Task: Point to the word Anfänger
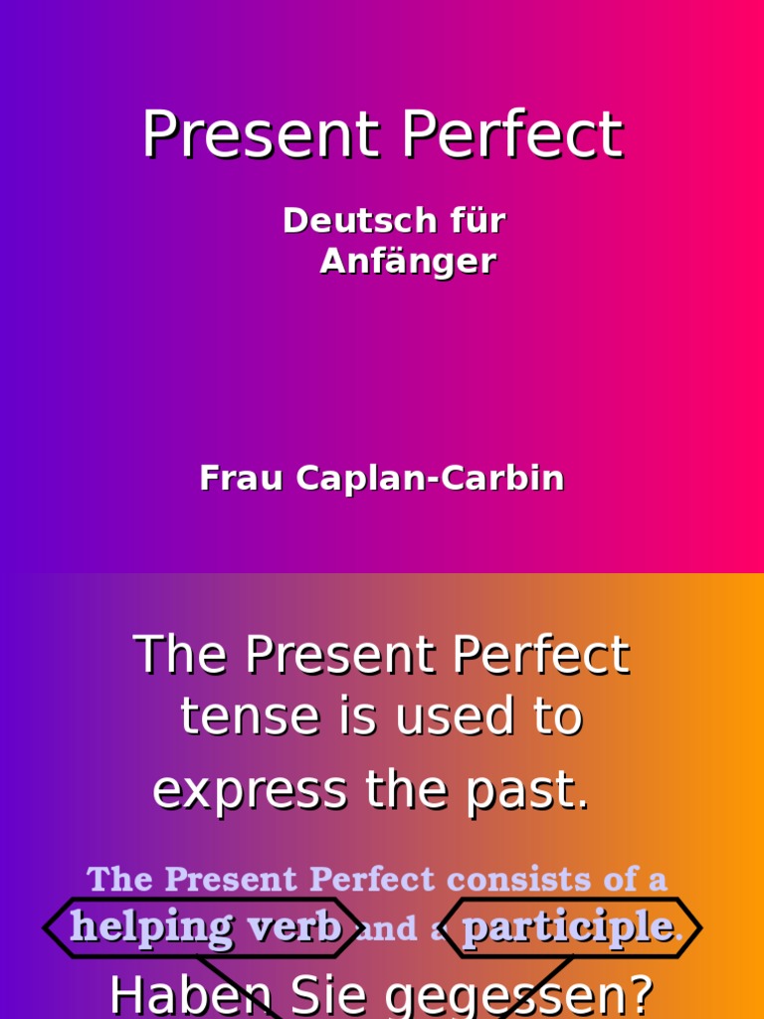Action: point(408,262)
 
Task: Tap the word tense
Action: point(236,716)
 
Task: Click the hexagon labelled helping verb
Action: point(203,927)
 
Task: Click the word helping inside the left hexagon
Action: point(151,928)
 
